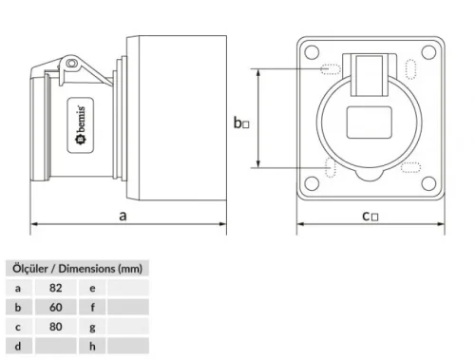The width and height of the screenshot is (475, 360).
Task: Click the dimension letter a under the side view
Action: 123,216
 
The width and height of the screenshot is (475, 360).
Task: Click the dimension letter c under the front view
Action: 368,216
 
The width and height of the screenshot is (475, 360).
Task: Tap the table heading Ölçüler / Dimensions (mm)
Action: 76,267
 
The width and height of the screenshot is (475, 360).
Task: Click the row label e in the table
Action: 92,287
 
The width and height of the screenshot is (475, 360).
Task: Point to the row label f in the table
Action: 92,308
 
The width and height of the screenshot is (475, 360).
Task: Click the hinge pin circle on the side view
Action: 69,65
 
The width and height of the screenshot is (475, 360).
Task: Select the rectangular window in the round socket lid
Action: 369,124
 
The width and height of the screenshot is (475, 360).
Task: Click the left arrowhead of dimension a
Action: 35,225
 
